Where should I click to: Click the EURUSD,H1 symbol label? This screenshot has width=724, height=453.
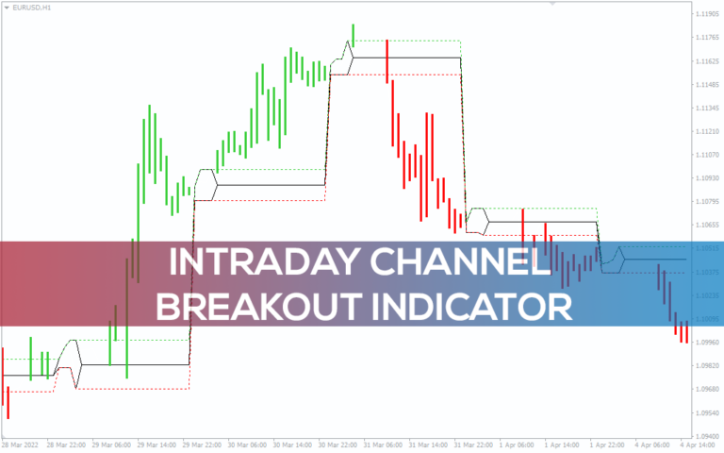tap(29, 8)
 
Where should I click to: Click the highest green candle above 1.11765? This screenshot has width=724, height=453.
tap(354, 33)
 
